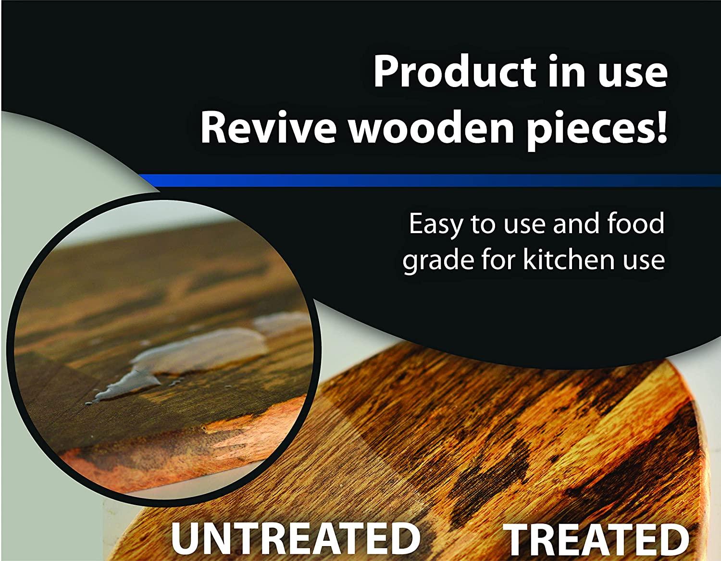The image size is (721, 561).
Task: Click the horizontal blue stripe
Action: (433, 180)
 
